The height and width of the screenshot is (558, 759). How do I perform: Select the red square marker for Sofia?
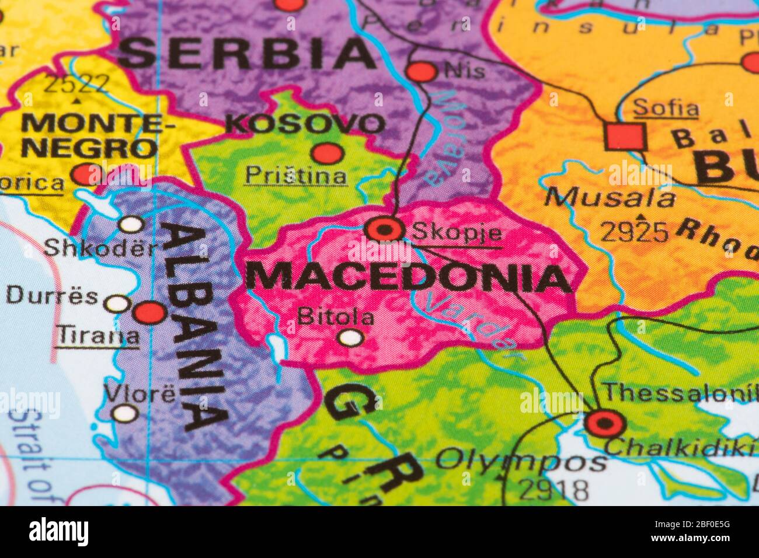pos(625,137)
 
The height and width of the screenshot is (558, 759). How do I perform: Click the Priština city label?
pos(296,175)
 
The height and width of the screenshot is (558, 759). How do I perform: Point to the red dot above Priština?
pos(326,154)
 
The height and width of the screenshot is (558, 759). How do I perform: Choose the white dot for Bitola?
pos(351,337)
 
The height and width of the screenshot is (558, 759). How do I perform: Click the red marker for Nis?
pos(421,72)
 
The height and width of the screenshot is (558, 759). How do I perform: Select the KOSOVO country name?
pos(306,124)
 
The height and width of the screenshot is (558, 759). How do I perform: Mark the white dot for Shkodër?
pos(131,224)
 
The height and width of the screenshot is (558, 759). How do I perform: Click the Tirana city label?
pos(98,336)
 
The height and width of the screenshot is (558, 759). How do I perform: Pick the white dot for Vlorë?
pos(125,414)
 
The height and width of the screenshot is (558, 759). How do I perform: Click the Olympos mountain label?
pos(521,461)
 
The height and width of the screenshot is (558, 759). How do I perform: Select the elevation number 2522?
pos(77,85)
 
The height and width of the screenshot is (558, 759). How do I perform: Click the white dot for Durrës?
pos(117,304)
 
